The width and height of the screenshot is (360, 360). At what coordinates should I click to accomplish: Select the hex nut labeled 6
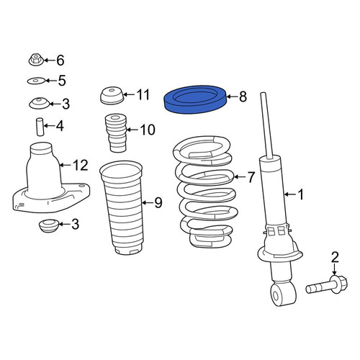pyautogui.click(x=36, y=60)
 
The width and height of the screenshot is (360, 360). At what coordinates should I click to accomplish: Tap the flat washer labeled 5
pyautogui.click(x=36, y=81)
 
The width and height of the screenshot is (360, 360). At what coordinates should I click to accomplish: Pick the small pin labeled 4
pyautogui.click(x=40, y=127)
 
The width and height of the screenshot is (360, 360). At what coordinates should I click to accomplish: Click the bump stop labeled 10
pyautogui.click(x=116, y=132)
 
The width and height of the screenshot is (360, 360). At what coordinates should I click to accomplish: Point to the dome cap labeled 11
pyautogui.click(x=112, y=96)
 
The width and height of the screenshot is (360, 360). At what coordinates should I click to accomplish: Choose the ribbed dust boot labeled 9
pyautogui.click(x=122, y=207)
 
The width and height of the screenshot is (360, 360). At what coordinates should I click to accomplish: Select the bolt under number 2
pyautogui.click(x=327, y=285)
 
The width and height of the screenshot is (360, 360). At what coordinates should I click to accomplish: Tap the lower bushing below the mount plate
pyautogui.click(x=48, y=225)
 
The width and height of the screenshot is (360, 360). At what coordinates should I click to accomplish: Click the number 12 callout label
pyautogui.click(x=81, y=165)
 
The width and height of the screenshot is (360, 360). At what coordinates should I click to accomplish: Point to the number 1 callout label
pyautogui.click(x=300, y=194)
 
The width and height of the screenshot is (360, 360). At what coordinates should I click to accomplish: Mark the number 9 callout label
pyautogui.click(x=158, y=203)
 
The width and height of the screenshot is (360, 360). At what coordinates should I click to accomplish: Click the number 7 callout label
pyautogui.click(x=251, y=177)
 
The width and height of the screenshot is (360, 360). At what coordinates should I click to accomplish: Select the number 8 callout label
pyautogui.click(x=243, y=96)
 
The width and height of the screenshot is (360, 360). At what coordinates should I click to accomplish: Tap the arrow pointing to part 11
pyautogui.click(x=129, y=94)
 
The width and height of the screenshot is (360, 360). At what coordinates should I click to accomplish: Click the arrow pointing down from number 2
pyautogui.click(x=335, y=269)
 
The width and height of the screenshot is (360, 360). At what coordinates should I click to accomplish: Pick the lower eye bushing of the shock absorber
pyautogui.click(x=283, y=294)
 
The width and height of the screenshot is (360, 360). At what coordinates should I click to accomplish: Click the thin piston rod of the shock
pyautogui.click(x=267, y=125)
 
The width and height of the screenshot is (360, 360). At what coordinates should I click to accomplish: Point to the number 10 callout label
pyautogui.click(x=148, y=130)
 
